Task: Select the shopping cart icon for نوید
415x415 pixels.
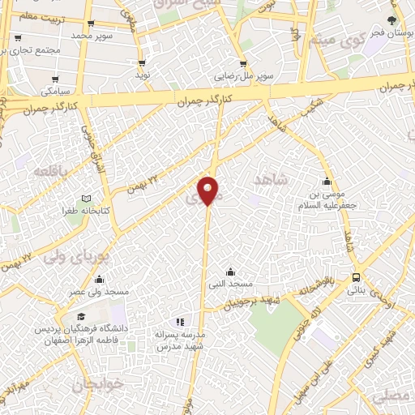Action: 143,63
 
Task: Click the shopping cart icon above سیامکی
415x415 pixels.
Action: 56,80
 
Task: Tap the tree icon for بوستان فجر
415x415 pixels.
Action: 392,22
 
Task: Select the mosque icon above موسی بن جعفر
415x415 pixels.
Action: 327,182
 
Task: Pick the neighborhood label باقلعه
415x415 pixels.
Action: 48,172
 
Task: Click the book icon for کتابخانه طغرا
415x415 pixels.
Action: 86,199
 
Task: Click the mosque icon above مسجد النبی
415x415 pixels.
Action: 230,272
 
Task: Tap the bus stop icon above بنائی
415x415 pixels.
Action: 357,278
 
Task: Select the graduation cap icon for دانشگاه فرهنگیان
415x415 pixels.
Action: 79,317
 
